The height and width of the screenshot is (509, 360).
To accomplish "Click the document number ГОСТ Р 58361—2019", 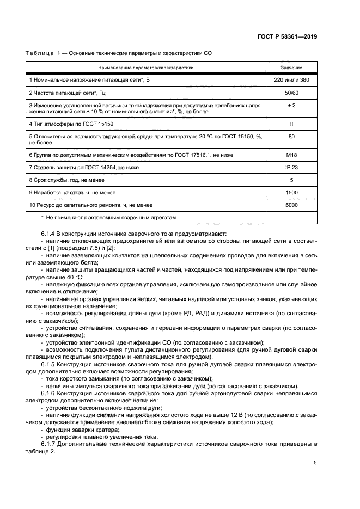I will [x=295, y=36].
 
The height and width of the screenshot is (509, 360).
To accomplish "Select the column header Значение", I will [x=291, y=68].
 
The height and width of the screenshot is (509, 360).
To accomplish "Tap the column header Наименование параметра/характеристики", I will [x=146, y=68].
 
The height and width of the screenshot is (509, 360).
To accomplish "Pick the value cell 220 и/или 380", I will [x=291, y=80].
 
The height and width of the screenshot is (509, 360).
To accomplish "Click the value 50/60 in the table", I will [x=291, y=93].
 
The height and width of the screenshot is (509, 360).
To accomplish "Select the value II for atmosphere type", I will [x=291, y=124].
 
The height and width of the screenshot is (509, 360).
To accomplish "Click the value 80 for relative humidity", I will [x=291, y=137].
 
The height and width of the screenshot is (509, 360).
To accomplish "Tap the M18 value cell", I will [x=291, y=155].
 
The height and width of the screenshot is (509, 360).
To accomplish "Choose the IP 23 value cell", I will [x=291, y=167].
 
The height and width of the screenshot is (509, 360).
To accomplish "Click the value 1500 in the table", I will [x=291, y=192].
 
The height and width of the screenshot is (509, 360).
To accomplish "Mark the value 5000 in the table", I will [x=291, y=205].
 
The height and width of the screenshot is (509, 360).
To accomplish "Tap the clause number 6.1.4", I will [x=50, y=234].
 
